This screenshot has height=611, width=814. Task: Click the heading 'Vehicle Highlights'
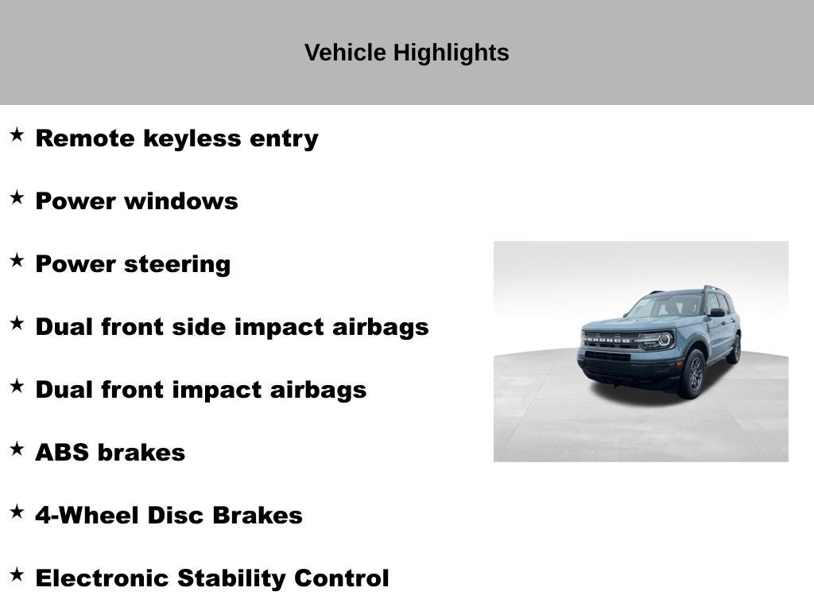pyautogui.click(x=406, y=53)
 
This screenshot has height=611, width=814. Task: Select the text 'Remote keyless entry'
pyautogui.click(x=176, y=138)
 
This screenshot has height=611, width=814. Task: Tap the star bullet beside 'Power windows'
pyautogui.click(x=17, y=198)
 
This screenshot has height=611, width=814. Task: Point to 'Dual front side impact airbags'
pyautogui.click(x=231, y=327)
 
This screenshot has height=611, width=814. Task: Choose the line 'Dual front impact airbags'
pyautogui.click(x=200, y=390)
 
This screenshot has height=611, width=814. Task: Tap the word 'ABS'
pyautogui.click(x=62, y=453)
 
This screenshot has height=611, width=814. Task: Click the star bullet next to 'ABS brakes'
pyautogui.click(x=17, y=449)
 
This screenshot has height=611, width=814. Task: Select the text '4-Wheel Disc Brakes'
pyautogui.click(x=169, y=516)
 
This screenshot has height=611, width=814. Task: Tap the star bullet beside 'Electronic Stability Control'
pyautogui.click(x=17, y=575)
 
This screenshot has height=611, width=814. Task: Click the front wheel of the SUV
pyautogui.click(x=693, y=374)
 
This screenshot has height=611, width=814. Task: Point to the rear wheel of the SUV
pyautogui.click(x=734, y=349)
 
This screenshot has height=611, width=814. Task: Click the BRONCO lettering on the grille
pyautogui.click(x=609, y=339)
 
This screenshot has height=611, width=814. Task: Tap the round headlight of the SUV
pyautogui.click(x=664, y=340)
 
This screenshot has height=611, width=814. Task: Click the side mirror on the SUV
pyautogui.click(x=716, y=313)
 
